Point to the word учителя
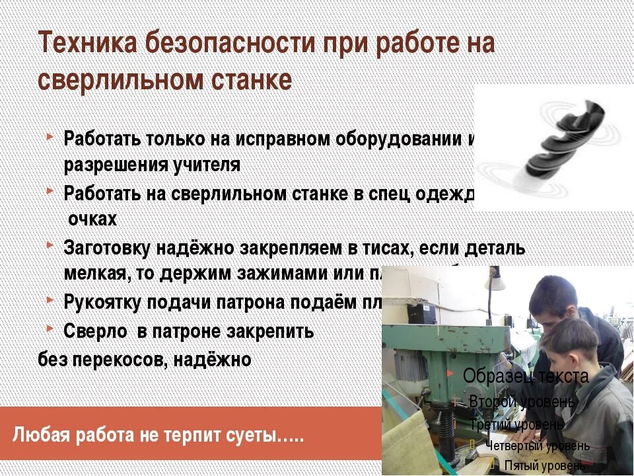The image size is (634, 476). pos(207,165)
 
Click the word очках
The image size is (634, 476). pos(93,219)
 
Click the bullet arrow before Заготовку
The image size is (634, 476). pos(52,246)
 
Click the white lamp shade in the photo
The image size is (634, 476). pos(495,281)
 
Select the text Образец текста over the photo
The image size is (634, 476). pos(526,377)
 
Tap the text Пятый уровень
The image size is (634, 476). pos(544,465)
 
